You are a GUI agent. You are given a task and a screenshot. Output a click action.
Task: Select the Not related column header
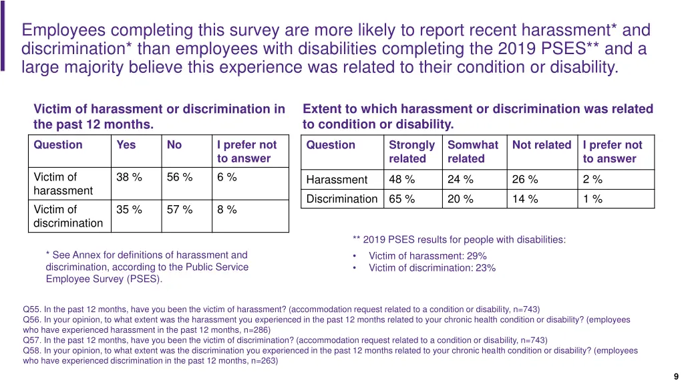(x=542, y=145)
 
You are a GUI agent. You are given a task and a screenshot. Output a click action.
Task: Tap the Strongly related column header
(x=411, y=152)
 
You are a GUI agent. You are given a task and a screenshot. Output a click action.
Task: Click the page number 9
(x=677, y=376)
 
